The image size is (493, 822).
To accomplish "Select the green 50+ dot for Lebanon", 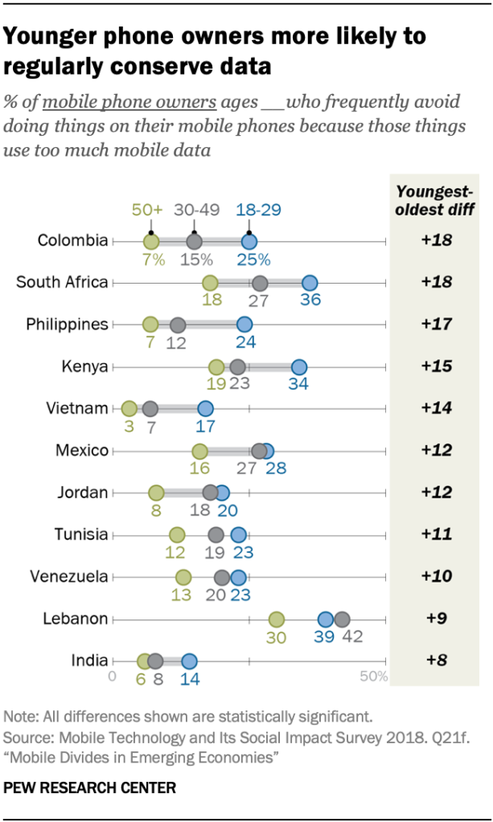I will [x=276, y=620].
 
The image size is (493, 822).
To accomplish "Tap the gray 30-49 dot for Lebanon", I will [x=342, y=620].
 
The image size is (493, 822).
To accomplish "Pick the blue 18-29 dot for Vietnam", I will [x=205, y=408].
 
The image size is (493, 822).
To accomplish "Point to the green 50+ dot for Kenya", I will [x=216, y=366].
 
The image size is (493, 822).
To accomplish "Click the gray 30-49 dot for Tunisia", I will [x=216, y=534].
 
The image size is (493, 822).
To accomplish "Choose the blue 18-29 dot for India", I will [x=189, y=661].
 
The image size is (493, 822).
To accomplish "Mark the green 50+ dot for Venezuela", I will [x=183, y=577].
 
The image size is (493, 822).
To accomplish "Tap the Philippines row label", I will [x=67, y=325].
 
